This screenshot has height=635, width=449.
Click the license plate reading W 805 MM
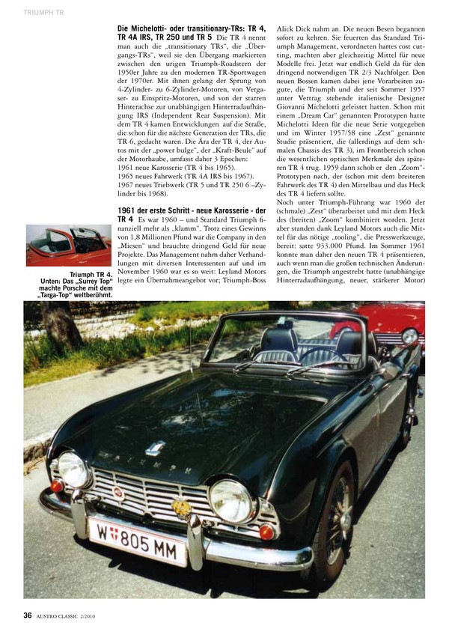pos(137,537)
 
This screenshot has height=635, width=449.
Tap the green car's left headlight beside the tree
pos(73,470)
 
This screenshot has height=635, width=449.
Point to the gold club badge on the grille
pos(182,508)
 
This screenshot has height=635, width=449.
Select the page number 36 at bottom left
pos(26,615)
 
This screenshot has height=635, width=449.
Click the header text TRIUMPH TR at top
pos(42,13)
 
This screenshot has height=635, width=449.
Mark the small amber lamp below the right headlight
pos(266,532)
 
